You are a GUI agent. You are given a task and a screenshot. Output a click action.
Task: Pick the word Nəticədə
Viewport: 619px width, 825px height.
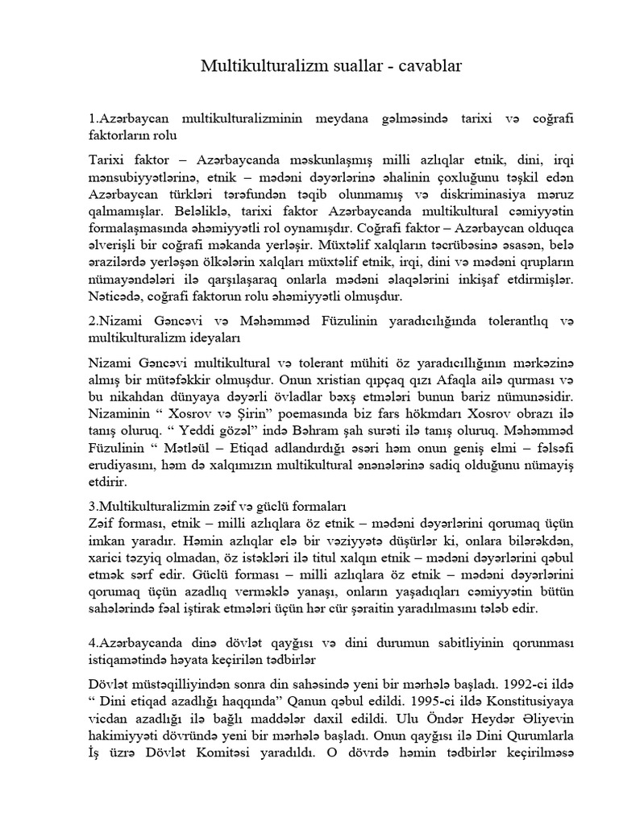pos(118,296)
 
